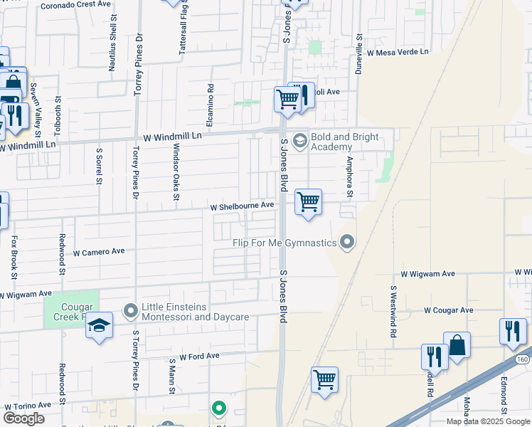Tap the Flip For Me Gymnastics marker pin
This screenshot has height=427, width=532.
347,243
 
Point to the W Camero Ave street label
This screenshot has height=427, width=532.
99,252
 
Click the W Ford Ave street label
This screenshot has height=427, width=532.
200,356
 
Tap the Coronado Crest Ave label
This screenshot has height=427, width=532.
76,4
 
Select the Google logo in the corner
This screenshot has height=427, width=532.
23,418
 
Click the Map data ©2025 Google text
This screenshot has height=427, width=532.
488,421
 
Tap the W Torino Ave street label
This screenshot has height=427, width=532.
28,405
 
